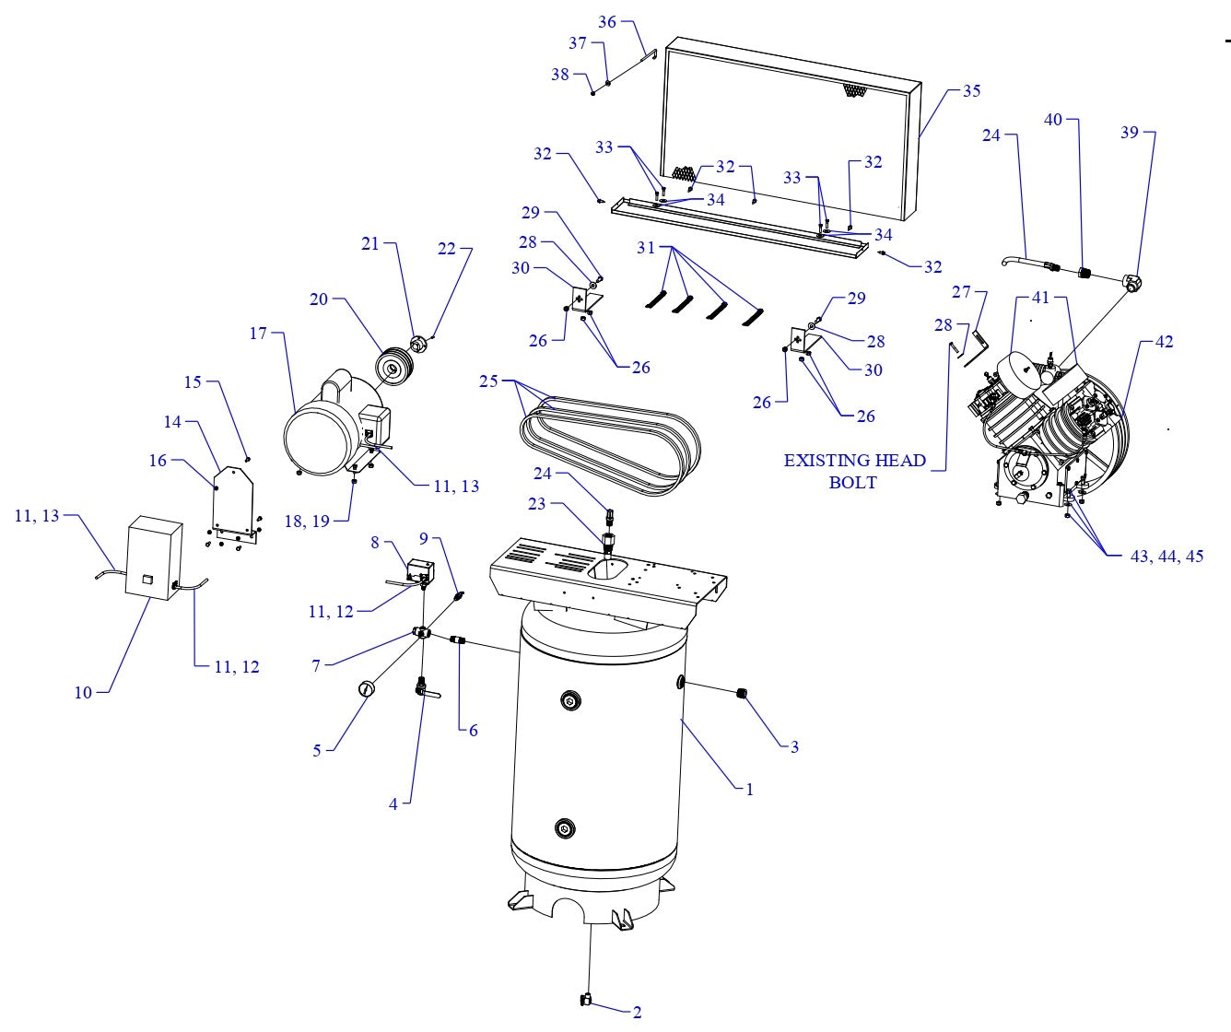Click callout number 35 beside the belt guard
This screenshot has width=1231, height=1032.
pos(971,91)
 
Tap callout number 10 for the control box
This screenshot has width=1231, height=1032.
pos(84,692)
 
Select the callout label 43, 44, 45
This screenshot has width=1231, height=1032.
pos(1167,557)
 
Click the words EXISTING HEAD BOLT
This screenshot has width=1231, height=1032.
pos(854,471)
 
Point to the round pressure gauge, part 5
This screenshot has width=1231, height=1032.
pos(368,688)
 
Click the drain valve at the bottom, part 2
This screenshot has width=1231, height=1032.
pos(585,1000)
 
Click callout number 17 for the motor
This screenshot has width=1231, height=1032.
pos(258,334)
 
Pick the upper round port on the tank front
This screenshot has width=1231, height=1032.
pos(572,702)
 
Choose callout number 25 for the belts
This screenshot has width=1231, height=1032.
pos(488,381)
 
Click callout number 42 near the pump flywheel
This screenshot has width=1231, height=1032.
pos(1164,342)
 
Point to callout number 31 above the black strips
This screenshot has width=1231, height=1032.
pos(647,248)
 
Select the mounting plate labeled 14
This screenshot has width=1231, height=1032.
pos(231,502)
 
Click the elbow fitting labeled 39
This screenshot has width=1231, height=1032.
pos(1132,281)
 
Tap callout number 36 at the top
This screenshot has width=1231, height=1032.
pos(607,22)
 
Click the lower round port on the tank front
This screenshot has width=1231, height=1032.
pos(566,829)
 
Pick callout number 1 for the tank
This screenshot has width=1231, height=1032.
pos(749,790)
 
